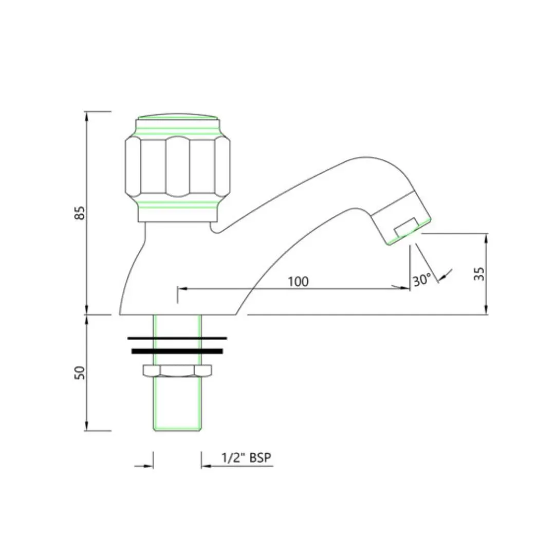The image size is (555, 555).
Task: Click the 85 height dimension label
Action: click(81, 213)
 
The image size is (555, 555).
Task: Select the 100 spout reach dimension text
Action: click(298, 282)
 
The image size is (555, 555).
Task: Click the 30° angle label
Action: click(422, 280)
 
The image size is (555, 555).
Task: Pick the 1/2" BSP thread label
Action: click(246, 457)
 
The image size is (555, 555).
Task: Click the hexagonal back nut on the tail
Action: click(177, 370)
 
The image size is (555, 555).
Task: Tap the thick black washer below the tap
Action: click(177, 351)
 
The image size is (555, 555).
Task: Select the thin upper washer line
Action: click(177, 338)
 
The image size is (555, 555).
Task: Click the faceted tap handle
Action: click(177, 166)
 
